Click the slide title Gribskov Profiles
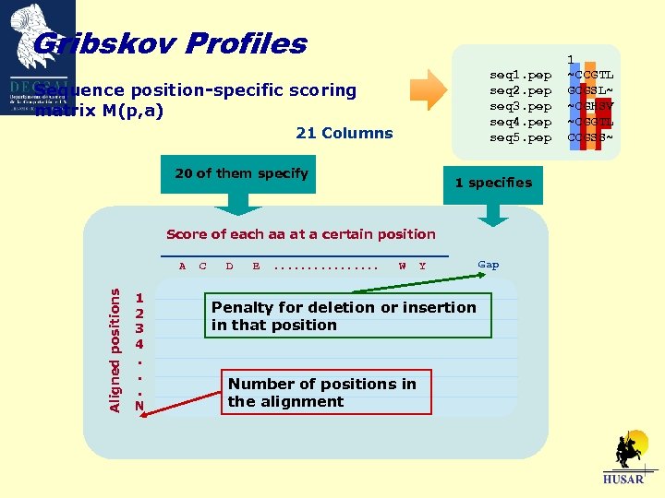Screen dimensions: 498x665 point(170,43)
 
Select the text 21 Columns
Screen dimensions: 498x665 point(344,133)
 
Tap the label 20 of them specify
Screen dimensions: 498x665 point(241,173)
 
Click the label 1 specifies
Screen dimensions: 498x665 point(492,183)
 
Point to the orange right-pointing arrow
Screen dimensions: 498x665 point(429,89)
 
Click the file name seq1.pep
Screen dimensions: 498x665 point(520,75)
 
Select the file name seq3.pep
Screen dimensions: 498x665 point(520,106)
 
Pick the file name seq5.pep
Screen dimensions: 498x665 point(520,137)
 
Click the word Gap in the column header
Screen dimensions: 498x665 point(489,265)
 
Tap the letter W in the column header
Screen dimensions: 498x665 point(402,267)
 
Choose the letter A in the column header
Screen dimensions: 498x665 point(182,267)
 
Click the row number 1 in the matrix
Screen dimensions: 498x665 point(139,298)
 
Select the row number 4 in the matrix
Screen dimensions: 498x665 point(139,344)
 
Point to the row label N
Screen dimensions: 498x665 point(139,405)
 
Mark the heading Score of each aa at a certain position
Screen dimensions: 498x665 point(300,234)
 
